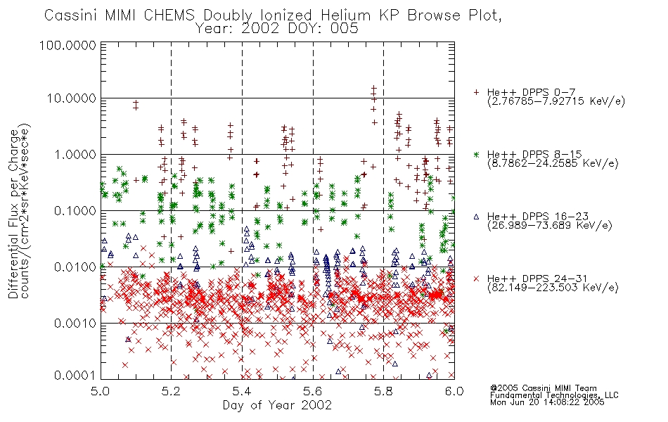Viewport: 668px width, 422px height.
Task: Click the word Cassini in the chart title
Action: click(x=72, y=15)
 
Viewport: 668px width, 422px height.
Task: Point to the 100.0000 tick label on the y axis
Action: click(x=68, y=45)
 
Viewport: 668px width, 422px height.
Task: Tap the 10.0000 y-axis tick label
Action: click(x=71, y=98)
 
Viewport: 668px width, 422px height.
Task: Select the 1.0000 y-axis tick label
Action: click(x=75, y=154)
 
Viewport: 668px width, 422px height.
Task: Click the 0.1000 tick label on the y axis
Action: click(x=75, y=210)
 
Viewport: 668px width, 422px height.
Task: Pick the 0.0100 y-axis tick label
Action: click(x=75, y=267)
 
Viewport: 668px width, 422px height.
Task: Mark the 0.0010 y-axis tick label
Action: click(x=75, y=323)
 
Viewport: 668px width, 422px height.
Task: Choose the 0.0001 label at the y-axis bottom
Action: click(x=75, y=375)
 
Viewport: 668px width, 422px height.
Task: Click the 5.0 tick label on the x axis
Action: click(x=101, y=391)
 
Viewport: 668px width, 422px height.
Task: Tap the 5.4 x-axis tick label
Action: click(x=243, y=391)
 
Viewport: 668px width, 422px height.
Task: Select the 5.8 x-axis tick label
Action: click(x=383, y=391)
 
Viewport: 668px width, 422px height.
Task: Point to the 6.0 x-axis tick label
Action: click(x=454, y=391)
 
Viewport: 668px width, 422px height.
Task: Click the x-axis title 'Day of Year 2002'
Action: click(x=277, y=405)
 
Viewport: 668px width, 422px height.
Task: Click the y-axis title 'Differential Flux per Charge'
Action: click(x=13, y=214)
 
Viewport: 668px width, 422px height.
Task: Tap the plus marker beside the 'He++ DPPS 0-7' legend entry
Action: click(x=476, y=92)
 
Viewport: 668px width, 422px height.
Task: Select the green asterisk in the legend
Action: click(x=476, y=154)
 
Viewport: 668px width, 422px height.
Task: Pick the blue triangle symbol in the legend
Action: click(x=476, y=217)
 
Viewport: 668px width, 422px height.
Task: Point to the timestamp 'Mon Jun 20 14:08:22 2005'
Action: click(x=547, y=402)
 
